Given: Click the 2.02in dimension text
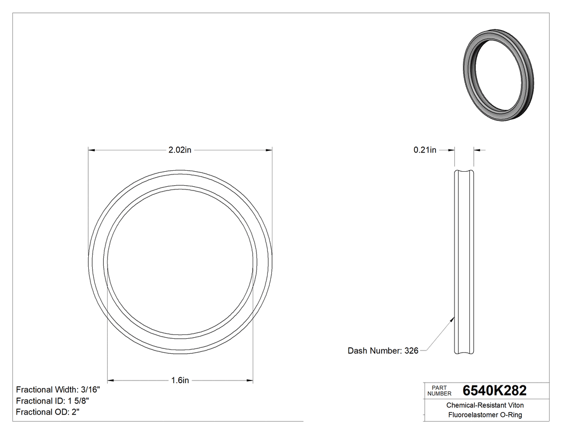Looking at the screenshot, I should pos(180,150).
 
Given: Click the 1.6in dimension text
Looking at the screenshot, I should pos(180,380).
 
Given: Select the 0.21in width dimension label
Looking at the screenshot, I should pos(425,150).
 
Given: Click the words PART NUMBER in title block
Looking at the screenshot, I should pos(440,391).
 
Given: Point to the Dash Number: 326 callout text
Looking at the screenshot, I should pos(383,351).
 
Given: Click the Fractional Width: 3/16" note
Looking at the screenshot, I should pos(58,390).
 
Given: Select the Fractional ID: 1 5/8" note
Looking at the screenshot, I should pos(52,401).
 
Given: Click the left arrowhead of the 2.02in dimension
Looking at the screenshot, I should pos(92,150).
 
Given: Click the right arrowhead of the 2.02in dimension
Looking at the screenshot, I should pos(269,150).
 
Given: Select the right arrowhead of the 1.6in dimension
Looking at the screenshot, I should pos(250,380).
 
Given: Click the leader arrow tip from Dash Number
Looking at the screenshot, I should pos(454,318).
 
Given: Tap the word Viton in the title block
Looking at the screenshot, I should pos(515,406).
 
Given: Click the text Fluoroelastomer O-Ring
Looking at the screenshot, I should pos(485,415).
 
